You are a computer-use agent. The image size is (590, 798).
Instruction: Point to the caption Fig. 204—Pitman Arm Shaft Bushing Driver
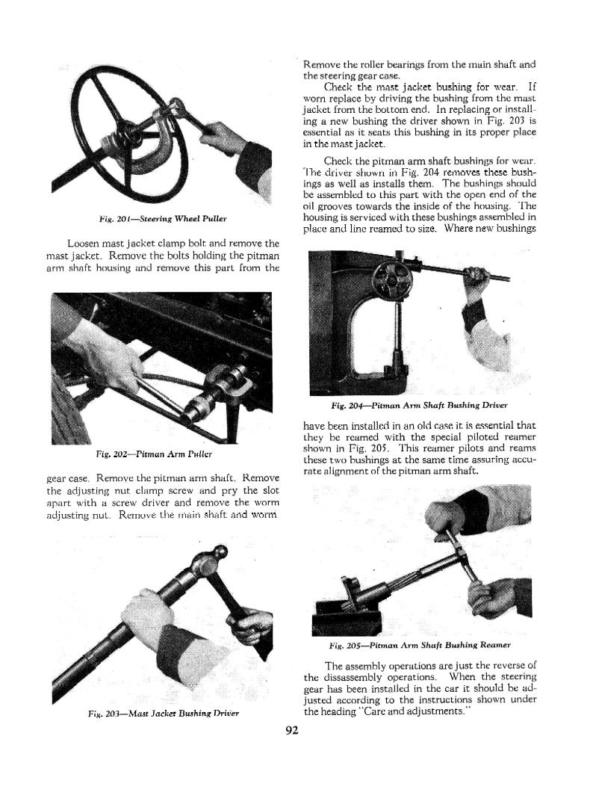click(x=419, y=406)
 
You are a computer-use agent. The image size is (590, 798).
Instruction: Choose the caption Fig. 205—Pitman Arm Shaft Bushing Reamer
click(x=419, y=645)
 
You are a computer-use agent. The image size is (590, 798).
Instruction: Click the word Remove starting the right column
click(x=323, y=64)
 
